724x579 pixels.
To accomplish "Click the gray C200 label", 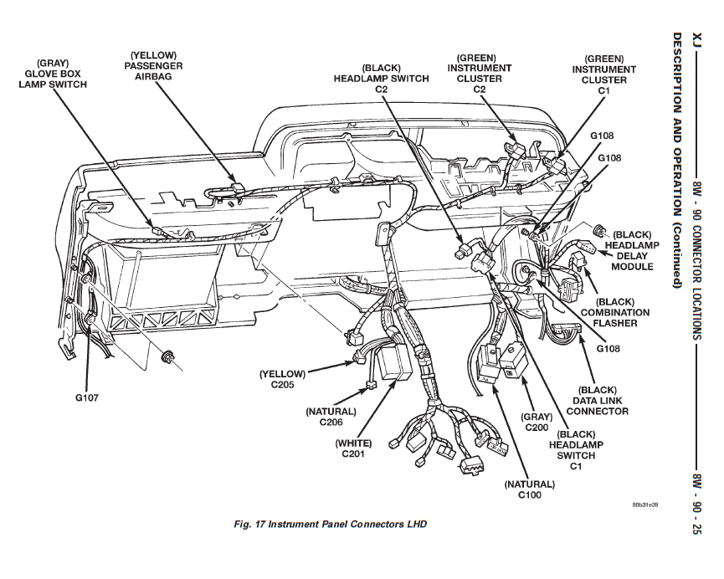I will [x=536, y=422].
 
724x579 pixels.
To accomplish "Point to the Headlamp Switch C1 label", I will [x=576, y=450].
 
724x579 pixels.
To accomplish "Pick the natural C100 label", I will [x=529, y=489].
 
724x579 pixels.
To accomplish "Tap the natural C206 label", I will [x=331, y=417].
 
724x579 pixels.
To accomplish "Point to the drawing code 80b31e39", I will [x=645, y=505].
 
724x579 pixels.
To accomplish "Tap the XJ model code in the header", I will [x=696, y=40].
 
